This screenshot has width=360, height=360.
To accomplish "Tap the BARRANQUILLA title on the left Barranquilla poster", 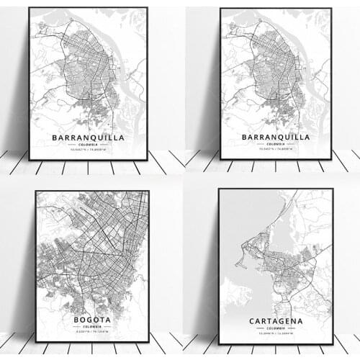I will pos(88,137).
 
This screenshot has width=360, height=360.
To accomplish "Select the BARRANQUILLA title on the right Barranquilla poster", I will pos(276,136).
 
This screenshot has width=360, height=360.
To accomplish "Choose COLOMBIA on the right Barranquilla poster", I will pos(276,145).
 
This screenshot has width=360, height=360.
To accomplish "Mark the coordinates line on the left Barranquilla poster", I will pos(88,151).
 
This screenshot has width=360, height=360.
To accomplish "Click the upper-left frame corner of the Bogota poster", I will pos(35,192).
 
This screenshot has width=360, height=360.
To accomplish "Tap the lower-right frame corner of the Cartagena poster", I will pos(333,343).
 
